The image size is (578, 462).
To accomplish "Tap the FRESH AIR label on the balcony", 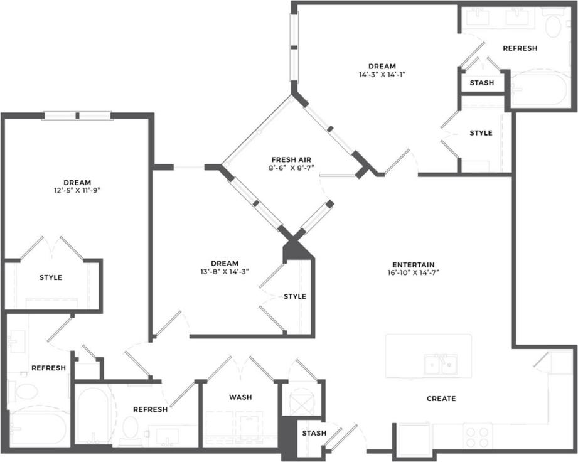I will click(288, 159).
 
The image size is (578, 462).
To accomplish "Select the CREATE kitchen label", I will click(441, 399).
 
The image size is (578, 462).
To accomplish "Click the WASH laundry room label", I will click(240, 397).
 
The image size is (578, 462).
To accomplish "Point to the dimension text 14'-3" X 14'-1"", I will click(382, 74).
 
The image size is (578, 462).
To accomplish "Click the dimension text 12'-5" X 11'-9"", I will click(77, 190).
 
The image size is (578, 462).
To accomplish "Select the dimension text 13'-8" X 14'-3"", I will click(224, 272).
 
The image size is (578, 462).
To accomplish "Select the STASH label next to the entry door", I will click(314, 433).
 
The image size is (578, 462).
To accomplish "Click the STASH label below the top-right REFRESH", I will click(481, 83).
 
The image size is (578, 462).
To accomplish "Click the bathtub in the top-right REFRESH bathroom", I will click(539, 90).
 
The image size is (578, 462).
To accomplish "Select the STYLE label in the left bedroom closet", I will click(50, 277).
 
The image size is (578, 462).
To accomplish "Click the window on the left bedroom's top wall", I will click(77, 115).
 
